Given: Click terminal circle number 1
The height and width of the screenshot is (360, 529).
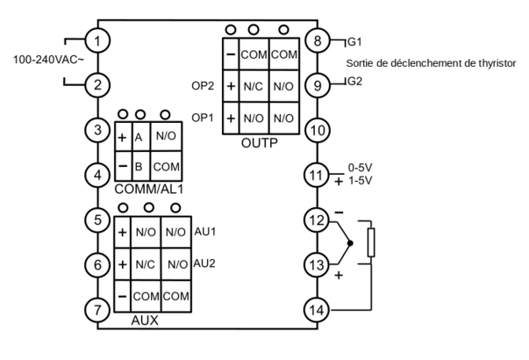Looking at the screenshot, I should point(98,41).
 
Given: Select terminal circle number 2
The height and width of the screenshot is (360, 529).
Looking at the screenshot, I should point(98,85).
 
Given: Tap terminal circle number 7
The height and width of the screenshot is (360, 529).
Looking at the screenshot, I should point(98,309).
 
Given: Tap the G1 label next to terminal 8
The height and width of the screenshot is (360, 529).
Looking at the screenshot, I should point(354,41).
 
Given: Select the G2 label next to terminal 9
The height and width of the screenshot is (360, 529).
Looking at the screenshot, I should point(354,82).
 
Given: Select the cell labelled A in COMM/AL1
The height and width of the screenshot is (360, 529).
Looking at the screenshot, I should point(139,138).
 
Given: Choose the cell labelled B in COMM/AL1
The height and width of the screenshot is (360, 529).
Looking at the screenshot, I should point(139,165).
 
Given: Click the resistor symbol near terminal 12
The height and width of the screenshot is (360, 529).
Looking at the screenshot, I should point(371,243).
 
